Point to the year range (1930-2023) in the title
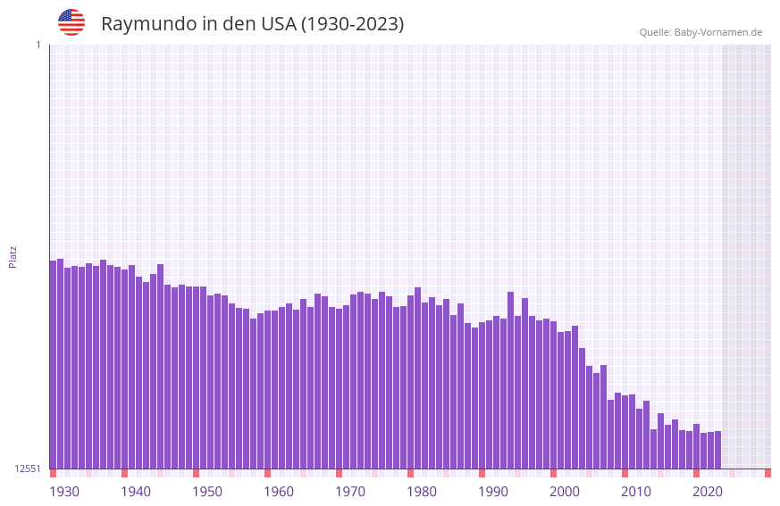pos(352,24)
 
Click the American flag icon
pos(71,22)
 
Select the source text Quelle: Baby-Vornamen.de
pos(700,32)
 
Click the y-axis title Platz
pos(13,256)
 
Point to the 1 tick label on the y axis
pos(38,45)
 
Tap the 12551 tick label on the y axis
pos(29,469)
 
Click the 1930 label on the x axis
pos(64,492)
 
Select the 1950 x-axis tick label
pos(207,492)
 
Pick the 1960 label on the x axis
pos(279,492)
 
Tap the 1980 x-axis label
pos(422,492)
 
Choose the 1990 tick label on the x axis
pos(493,492)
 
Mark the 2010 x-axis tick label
pos(636,492)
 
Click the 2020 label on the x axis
pos(708,492)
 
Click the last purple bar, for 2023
pos(717,450)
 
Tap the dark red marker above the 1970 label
pos(339,473)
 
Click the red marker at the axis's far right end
pos(767,473)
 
